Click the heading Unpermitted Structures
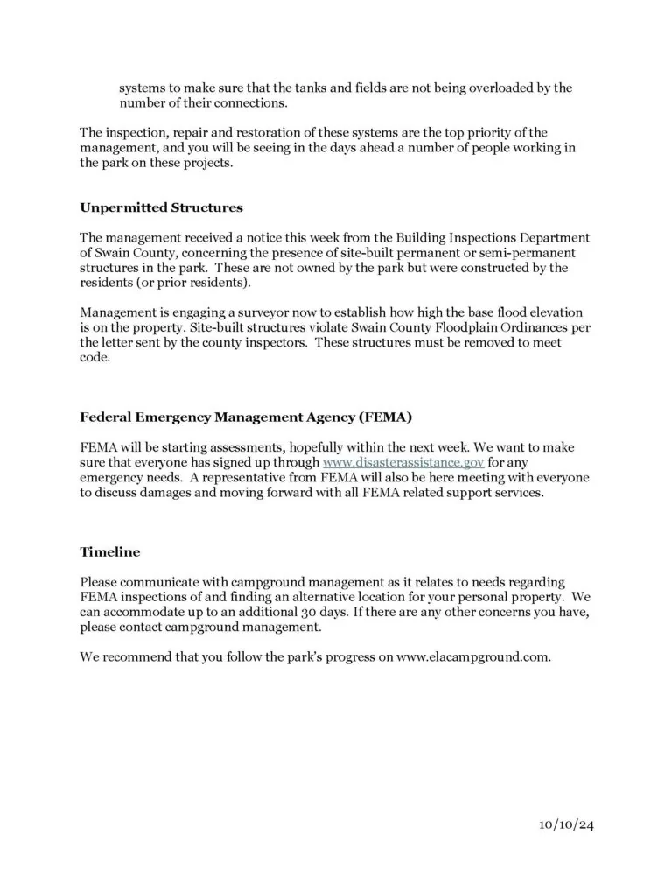coord(161,208)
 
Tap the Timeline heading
coord(109,552)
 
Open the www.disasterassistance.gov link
coord(403,461)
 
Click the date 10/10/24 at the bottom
coord(567,824)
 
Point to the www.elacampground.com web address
coord(473,657)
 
